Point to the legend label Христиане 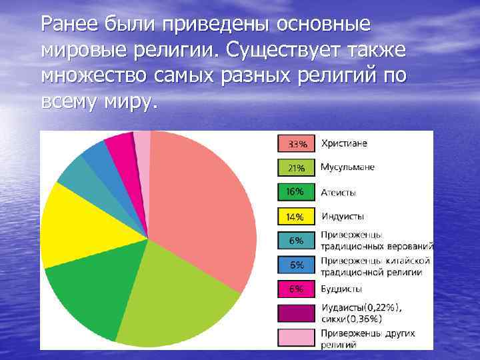pyautogui.click(x=344, y=143)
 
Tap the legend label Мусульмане pyautogui.click(x=347, y=167)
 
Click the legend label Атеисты pyautogui.click(x=339, y=193)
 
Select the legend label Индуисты pyautogui.click(x=343, y=217)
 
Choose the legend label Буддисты pyautogui.click(x=341, y=289)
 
